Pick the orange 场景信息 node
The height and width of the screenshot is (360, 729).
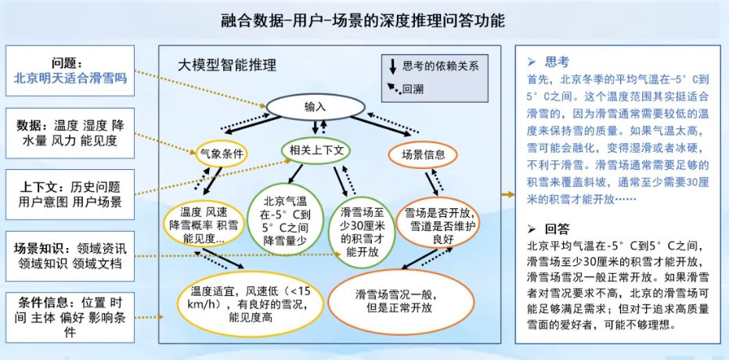click(423, 153)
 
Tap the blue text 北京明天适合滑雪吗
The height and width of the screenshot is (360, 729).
click(70, 77)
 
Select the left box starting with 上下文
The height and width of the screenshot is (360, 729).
click(70, 195)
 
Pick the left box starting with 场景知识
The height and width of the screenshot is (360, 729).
click(70, 255)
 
